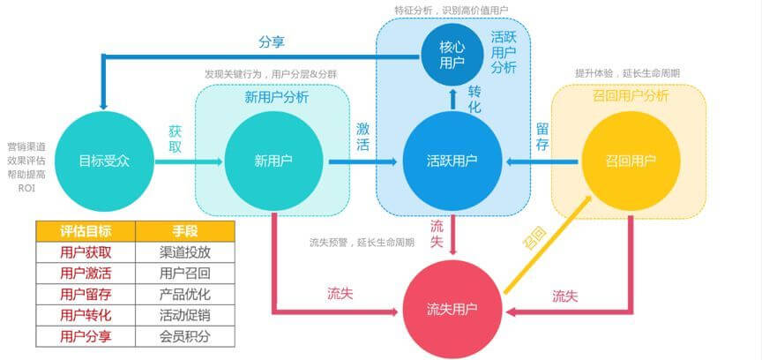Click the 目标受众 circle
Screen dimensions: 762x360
pyautogui.click(x=104, y=161)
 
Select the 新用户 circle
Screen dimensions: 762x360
pyautogui.click(x=273, y=161)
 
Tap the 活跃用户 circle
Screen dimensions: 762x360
pyautogui.click(x=452, y=161)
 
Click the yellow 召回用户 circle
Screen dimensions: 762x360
pyautogui.click(x=631, y=161)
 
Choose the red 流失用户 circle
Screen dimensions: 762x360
pyautogui.click(x=452, y=309)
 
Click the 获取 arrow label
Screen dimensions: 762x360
pyautogui.click(x=175, y=139)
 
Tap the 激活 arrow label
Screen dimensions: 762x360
pyautogui.click(x=362, y=136)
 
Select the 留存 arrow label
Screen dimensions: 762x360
pyautogui.click(x=542, y=137)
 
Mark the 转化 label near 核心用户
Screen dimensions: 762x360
pyautogui.click(x=474, y=99)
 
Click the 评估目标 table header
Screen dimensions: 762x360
pyautogui.click(x=86, y=231)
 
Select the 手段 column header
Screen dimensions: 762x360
pyautogui.click(x=185, y=231)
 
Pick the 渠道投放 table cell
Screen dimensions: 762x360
pyautogui.click(x=185, y=252)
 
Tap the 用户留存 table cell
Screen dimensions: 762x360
pyautogui.click(x=86, y=295)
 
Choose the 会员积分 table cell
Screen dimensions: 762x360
pyautogui.click(x=185, y=336)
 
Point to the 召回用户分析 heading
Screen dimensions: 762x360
pyautogui.click(x=631, y=95)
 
